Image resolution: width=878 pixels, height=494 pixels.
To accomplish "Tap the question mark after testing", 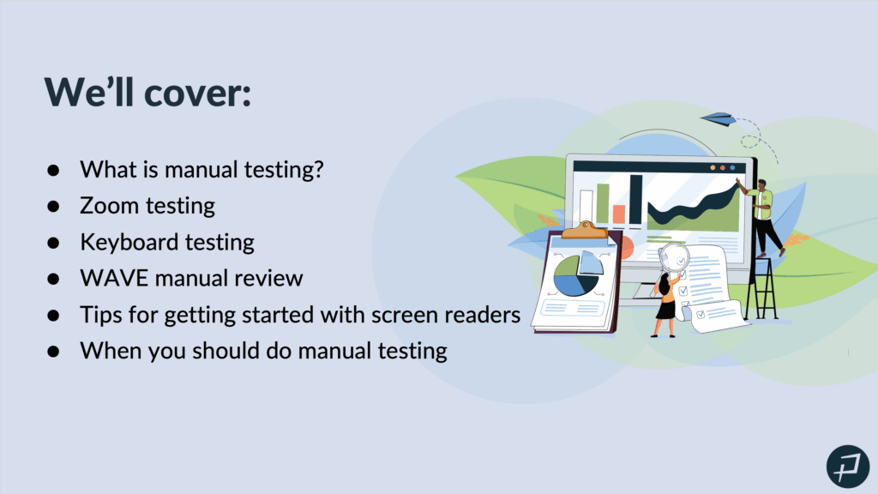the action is point(319,169).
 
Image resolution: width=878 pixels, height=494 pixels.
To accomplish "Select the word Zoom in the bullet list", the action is point(109,206).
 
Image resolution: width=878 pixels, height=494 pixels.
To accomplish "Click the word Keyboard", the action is point(129,243).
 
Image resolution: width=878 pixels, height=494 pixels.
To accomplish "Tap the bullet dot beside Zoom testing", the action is point(53,207).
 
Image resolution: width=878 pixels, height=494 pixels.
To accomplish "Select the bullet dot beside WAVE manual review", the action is point(53,279).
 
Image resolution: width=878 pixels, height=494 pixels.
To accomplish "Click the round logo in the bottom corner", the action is point(848,467).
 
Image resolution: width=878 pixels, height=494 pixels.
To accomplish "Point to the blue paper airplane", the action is point(718,118).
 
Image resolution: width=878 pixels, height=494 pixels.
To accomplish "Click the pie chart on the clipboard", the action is point(578,274).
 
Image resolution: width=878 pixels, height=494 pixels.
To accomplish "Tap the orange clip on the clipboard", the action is point(585,230).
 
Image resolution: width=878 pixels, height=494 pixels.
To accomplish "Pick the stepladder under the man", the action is point(761,287).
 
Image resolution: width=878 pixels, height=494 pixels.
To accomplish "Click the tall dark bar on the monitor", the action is point(635,200).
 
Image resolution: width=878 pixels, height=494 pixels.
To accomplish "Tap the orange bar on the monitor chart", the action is point(619,214).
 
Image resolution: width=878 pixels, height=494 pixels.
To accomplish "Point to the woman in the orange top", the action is point(666,303).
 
